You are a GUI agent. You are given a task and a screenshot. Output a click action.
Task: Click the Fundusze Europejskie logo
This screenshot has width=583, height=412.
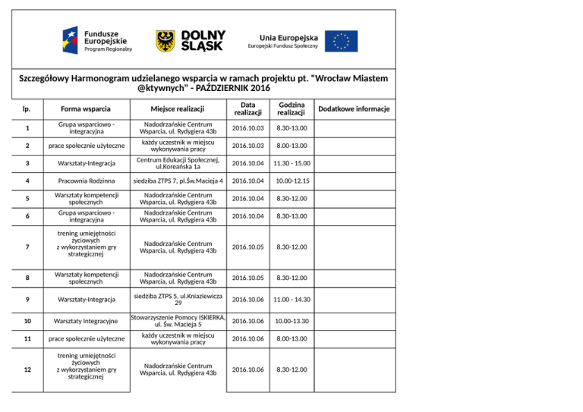coord(97,39)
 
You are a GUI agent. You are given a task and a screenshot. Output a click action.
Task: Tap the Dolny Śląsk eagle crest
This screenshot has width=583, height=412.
coord(165,41)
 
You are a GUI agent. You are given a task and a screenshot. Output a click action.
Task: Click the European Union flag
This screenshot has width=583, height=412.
coord(342,41)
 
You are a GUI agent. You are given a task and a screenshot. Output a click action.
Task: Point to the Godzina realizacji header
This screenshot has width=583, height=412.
coord(291,109)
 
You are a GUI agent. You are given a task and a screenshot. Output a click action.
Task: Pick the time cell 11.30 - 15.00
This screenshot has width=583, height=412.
coord(291,163)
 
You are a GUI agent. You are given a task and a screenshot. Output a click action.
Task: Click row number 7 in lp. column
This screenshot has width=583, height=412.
coord(27,247)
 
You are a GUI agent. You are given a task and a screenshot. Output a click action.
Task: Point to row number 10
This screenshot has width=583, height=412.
coord(27,320)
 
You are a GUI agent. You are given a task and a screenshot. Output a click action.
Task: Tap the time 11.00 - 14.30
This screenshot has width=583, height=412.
coord(291,299)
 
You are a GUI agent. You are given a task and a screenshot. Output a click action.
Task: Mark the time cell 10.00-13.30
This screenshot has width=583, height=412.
coord(291,320)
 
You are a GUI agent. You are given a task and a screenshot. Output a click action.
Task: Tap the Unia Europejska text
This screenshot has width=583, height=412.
coord(288,36)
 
